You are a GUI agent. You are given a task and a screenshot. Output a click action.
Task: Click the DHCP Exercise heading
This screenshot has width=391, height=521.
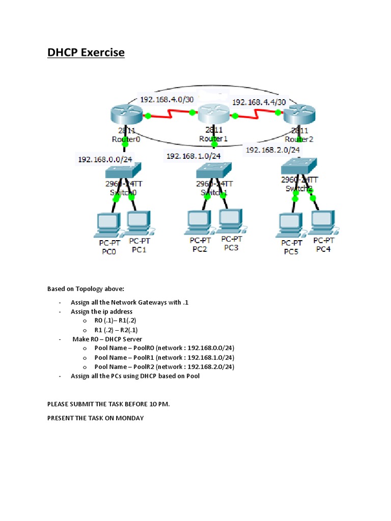86,52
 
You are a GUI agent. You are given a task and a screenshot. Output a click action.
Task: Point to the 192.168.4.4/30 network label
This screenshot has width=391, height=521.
259,102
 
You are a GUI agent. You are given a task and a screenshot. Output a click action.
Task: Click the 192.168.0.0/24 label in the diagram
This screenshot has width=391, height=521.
105,159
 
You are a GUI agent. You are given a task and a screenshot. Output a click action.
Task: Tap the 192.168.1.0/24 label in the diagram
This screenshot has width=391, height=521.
193,156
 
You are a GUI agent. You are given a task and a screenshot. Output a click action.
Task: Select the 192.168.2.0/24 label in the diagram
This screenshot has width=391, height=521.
272,150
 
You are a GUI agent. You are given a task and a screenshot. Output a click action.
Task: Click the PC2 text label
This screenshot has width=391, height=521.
200,249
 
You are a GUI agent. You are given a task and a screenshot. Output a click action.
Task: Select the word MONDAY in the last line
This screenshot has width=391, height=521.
128,418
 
